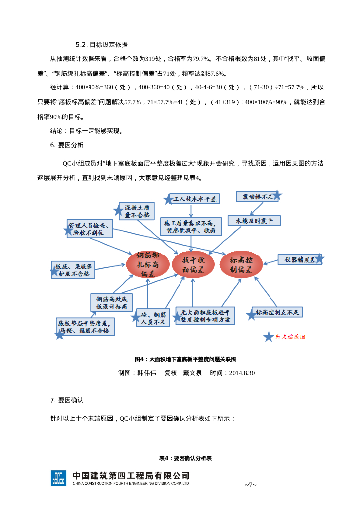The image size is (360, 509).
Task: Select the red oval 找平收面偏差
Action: click(193, 264)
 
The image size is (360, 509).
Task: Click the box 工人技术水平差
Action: click(194, 199)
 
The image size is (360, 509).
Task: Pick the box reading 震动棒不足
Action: click(257, 197)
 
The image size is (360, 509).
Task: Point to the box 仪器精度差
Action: click(297, 259)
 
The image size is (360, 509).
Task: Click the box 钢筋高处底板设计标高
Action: click(112, 303)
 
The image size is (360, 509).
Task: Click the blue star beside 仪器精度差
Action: click(319, 259)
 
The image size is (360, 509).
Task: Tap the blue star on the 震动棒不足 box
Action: click(277, 196)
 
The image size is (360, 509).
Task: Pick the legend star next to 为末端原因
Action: click(269, 337)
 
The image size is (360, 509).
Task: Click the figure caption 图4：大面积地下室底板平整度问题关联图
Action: click(185, 359)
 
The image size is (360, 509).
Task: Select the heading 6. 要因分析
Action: click(67, 145)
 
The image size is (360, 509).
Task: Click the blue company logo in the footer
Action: click(58, 478)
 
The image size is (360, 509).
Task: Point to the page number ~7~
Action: click(250, 485)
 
